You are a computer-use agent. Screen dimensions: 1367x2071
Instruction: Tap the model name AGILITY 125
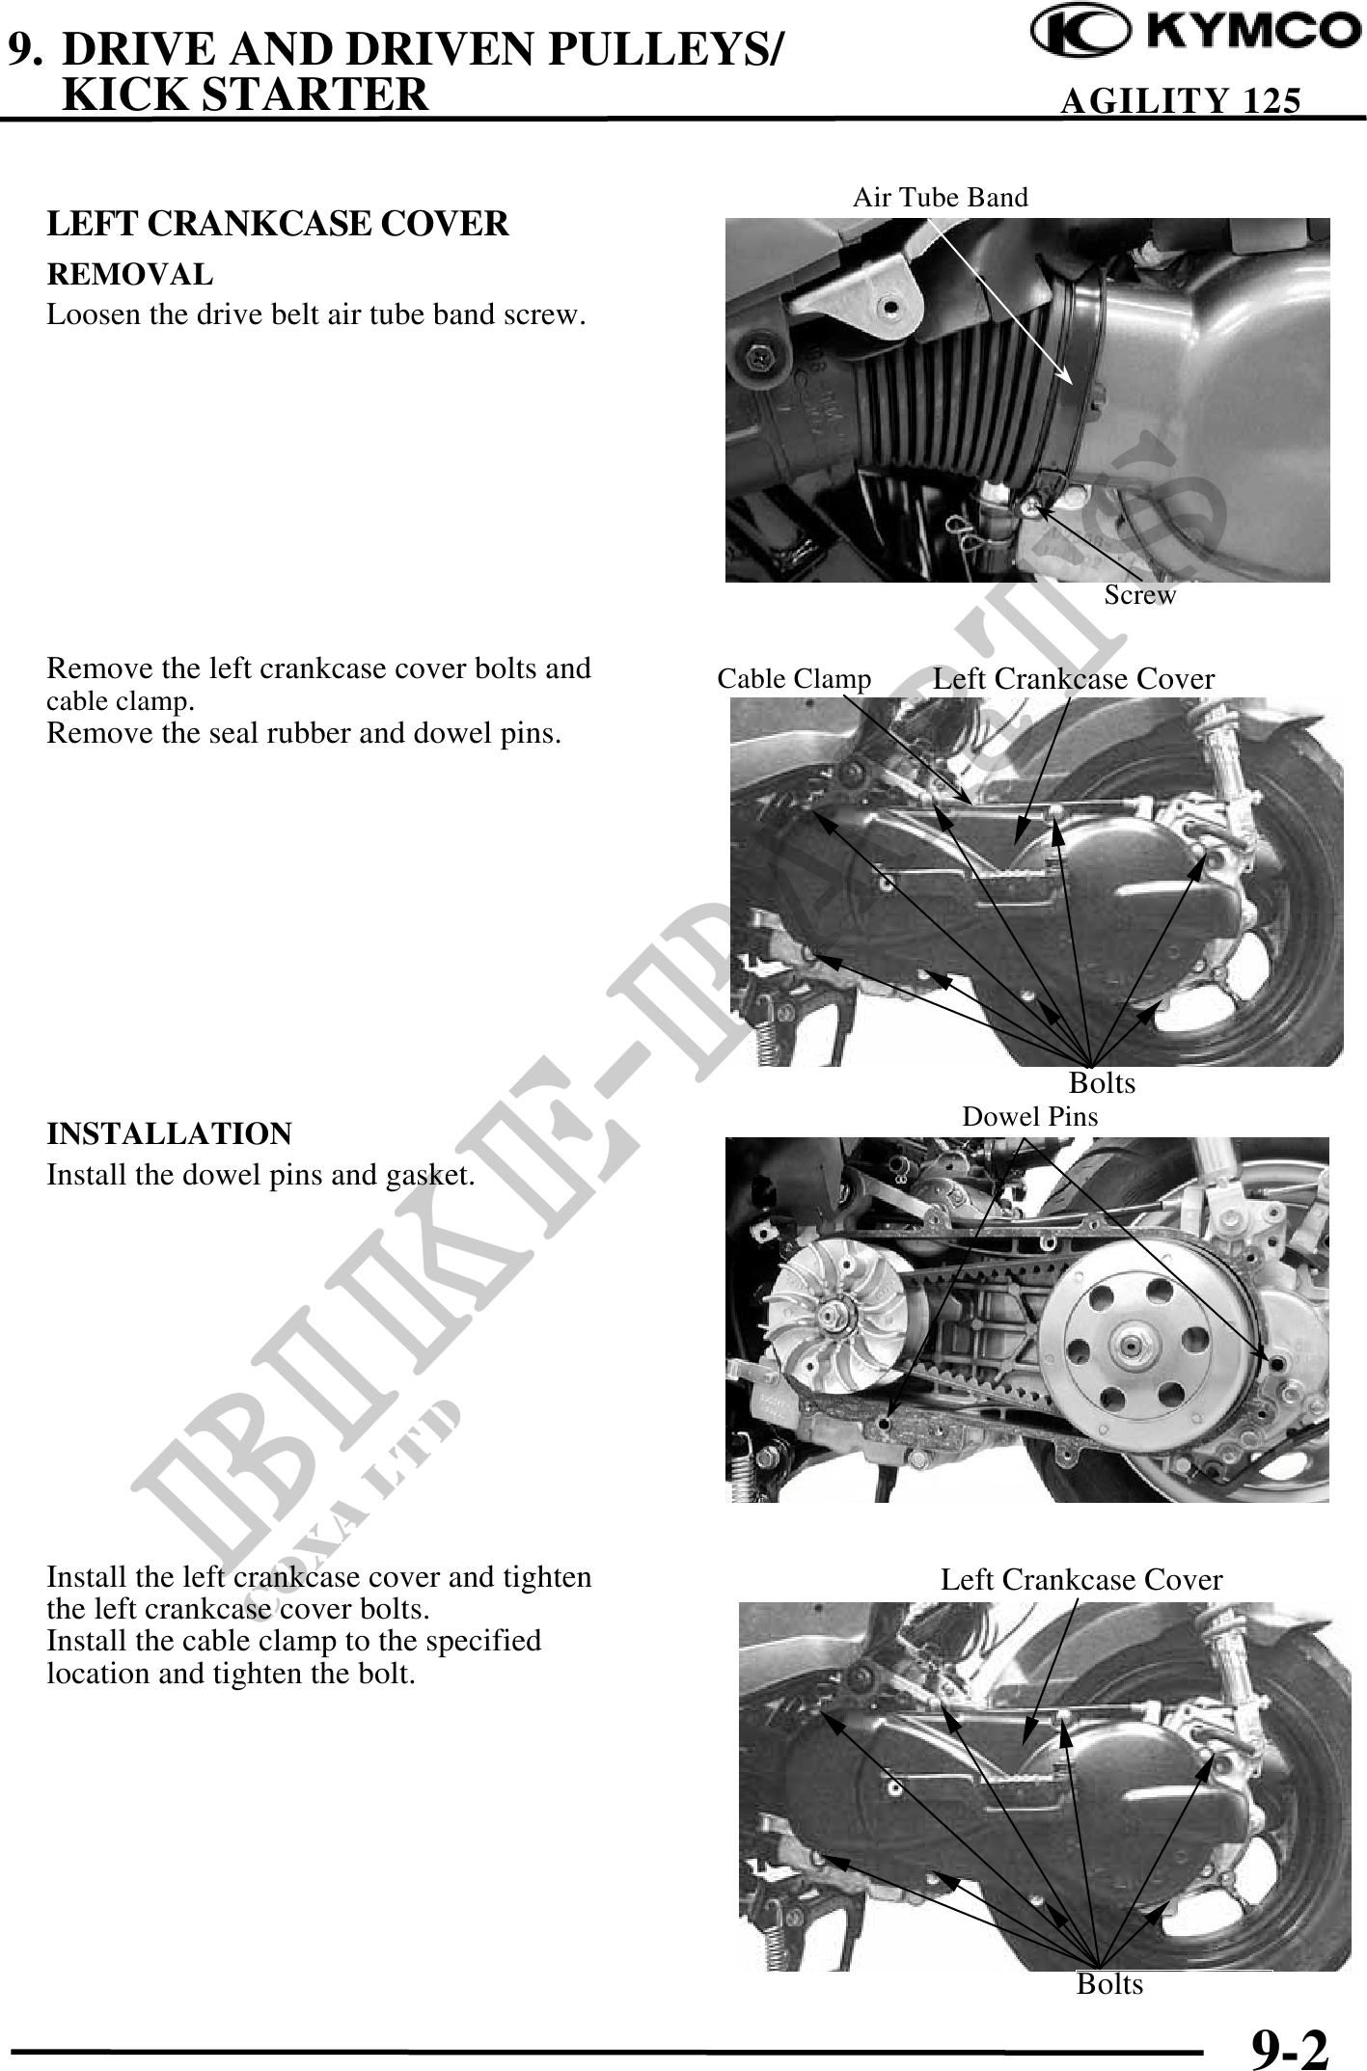[x=1180, y=100]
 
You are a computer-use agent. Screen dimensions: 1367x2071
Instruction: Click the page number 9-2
[x=1290, y=2046]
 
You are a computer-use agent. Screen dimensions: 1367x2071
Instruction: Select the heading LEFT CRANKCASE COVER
[x=278, y=224]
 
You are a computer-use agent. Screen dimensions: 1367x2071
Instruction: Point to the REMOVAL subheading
[x=130, y=275]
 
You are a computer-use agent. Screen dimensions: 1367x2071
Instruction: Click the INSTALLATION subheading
[x=170, y=1132]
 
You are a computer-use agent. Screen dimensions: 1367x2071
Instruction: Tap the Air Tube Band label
[x=941, y=198]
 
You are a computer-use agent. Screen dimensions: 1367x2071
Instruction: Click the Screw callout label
[x=1140, y=595]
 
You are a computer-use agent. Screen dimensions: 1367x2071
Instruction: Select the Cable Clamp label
[x=794, y=679]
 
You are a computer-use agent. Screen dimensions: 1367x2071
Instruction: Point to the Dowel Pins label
[x=1030, y=1117]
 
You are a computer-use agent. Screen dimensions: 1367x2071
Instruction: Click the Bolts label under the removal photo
[x=1102, y=1083]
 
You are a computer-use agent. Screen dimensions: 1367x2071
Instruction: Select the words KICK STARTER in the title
[x=245, y=95]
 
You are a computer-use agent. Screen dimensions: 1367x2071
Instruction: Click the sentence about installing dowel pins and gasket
[x=260, y=1176]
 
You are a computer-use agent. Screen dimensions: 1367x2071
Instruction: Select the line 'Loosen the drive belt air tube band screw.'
[x=316, y=315]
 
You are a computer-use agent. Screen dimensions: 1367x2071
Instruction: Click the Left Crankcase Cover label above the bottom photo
[x=1081, y=1580]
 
